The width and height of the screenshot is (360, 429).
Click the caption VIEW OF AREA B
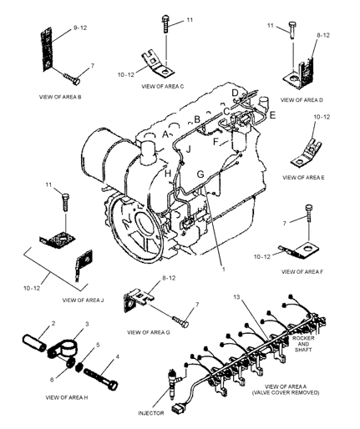point(60,97)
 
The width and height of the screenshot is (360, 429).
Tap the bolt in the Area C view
point(165,24)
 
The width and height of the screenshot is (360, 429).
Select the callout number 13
point(236,297)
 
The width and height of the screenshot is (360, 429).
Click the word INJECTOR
point(151,413)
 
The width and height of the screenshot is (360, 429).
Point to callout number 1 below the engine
point(223,269)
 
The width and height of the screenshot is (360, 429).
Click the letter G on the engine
point(200,174)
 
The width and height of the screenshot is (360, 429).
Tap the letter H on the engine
point(167,174)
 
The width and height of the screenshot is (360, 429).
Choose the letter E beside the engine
point(272,115)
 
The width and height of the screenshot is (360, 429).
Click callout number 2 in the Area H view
point(53,323)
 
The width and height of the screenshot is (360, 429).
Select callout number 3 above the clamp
point(87,324)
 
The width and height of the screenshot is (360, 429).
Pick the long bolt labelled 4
point(100,378)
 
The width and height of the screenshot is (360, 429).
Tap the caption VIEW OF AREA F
point(302,272)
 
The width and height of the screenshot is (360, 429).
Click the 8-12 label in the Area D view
point(323,35)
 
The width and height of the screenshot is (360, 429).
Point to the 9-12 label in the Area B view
point(80,28)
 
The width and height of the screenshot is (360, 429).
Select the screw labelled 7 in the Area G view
point(180,321)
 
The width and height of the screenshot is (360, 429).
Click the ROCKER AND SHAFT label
point(303,344)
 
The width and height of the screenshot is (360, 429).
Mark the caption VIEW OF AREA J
point(83,300)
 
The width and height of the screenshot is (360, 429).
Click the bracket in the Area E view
point(306,153)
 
